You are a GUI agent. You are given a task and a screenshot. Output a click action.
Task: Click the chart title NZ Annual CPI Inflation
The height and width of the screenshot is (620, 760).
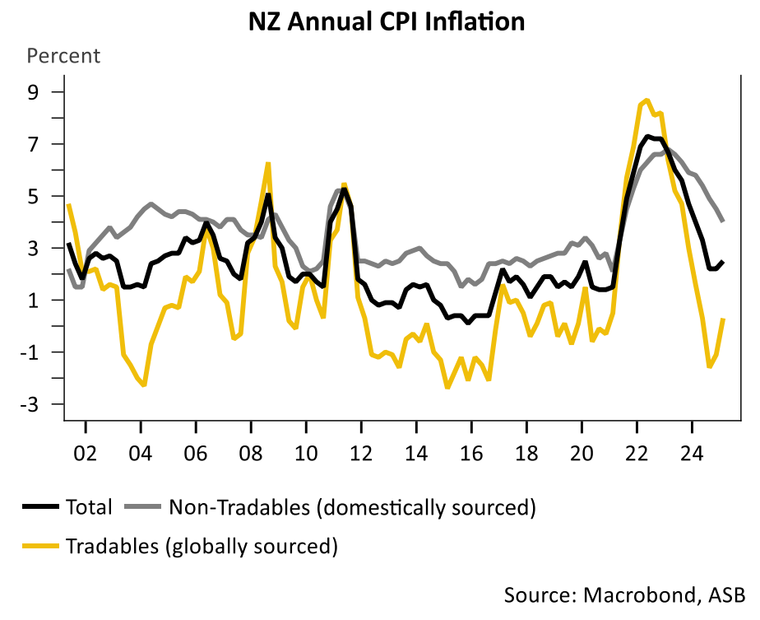coord(387,21)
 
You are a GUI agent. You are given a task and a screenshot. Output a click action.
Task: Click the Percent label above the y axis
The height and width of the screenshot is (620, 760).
coord(64,56)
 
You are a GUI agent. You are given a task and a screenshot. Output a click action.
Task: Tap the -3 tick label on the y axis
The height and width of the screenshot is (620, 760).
coord(30,404)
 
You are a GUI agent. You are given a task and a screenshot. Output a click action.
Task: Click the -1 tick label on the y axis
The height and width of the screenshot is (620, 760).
coord(30,352)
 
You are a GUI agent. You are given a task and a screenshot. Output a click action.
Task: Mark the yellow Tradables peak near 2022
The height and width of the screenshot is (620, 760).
coord(646,100)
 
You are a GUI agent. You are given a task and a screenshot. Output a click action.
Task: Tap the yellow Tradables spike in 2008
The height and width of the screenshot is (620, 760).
coord(268,163)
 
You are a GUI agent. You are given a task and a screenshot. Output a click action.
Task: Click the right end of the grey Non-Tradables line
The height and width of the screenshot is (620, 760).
coord(722,220)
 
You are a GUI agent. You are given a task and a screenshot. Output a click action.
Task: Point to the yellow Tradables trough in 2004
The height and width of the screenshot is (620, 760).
coord(144,385)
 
